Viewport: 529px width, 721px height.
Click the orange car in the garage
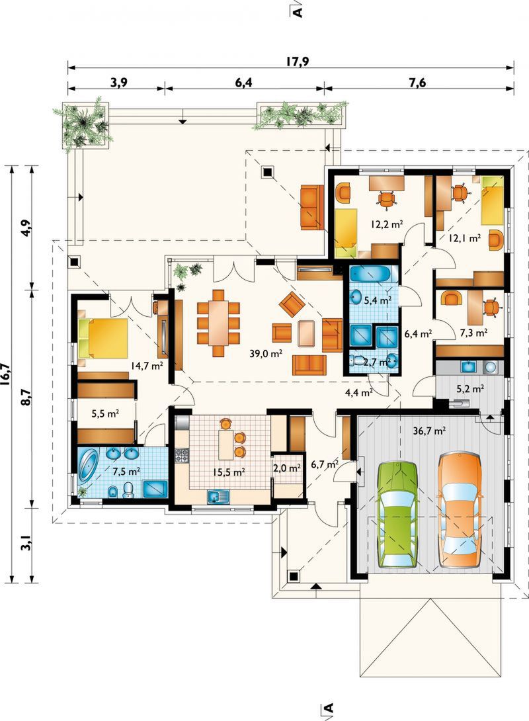pyautogui.click(x=459, y=511)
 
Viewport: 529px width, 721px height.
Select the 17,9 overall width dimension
pyautogui.click(x=298, y=62)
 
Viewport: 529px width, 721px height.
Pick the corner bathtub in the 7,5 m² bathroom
pyautogui.click(x=88, y=465)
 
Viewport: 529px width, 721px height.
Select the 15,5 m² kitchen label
pyautogui.click(x=228, y=472)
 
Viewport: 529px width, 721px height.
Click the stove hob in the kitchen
pyautogui.click(x=182, y=455)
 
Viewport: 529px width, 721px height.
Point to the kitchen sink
pyautogui.click(x=218, y=496)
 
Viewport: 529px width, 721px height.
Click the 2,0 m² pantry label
pyautogui.click(x=287, y=468)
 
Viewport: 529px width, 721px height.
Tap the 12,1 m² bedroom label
pyautogui.click(x=465, y=237)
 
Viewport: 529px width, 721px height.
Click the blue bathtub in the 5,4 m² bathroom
pyautogui.click(x=370, y=275)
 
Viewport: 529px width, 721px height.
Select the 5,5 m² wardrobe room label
pyautogui.click(x=106, y=413)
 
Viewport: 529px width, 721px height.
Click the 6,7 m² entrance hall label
pyautogui.click(x=325, y=464)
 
